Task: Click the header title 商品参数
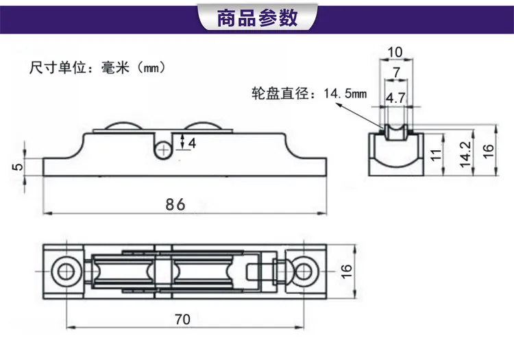257,18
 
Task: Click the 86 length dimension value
175,204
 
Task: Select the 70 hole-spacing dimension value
182,319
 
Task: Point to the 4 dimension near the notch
192,143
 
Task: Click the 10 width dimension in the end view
395,52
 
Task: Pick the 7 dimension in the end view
397,73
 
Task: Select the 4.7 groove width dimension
395,98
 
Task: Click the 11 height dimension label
436,155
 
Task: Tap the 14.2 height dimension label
465,154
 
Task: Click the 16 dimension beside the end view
488,151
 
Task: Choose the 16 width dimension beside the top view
346,272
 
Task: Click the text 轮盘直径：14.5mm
309,94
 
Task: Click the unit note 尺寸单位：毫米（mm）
97,68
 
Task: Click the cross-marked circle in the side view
163,150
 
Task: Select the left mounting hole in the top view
66,272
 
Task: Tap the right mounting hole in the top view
304,272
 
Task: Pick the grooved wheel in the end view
396,132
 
